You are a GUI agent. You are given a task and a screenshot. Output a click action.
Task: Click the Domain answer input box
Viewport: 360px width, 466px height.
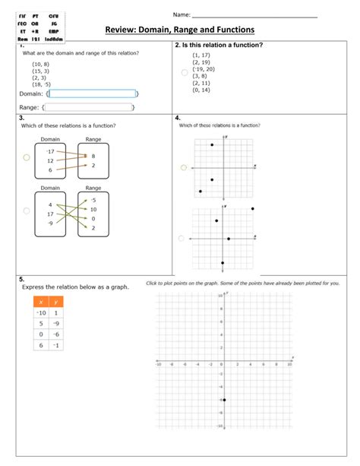coord(93,94)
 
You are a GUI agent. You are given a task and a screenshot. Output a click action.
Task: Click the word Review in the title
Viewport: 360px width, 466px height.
coord(122,30)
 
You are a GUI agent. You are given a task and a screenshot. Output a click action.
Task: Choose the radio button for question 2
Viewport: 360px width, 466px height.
coord(183,72)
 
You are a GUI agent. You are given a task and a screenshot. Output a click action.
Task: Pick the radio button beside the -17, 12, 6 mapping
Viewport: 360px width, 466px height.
coord(26,157)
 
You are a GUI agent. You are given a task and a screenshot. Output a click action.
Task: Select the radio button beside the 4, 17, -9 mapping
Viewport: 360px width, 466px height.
coord(26,211)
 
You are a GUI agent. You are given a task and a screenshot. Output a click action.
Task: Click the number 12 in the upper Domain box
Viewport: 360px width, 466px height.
coord(50,160)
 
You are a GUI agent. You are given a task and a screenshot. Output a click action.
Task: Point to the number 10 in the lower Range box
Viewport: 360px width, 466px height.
coord(93,209)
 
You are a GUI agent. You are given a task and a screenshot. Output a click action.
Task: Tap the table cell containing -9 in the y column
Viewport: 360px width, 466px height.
coord(56,322)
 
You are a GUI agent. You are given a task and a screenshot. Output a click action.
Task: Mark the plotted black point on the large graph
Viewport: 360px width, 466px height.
coord(224,400)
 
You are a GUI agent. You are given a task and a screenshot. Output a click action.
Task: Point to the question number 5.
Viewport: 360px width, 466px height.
coord(23,279)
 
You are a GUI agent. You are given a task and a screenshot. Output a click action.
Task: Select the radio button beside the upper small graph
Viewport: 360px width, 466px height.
coord(182,167)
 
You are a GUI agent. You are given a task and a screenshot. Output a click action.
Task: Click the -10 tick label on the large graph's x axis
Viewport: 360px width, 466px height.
coord(158,364)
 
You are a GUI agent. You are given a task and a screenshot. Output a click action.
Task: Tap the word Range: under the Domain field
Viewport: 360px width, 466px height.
coord(29,108)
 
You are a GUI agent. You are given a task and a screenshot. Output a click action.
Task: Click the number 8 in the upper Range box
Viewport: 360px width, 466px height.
coord(93,155)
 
